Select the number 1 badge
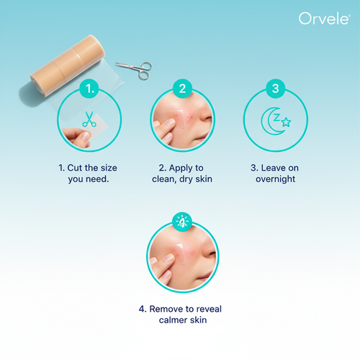pos(89,89)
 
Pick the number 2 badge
pos(182,89)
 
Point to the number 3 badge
pos(275,89)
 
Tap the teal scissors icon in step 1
pos(89,120)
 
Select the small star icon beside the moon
pos(286,122)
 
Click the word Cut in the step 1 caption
pos(76,167)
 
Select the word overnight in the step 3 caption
pos(275,179)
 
